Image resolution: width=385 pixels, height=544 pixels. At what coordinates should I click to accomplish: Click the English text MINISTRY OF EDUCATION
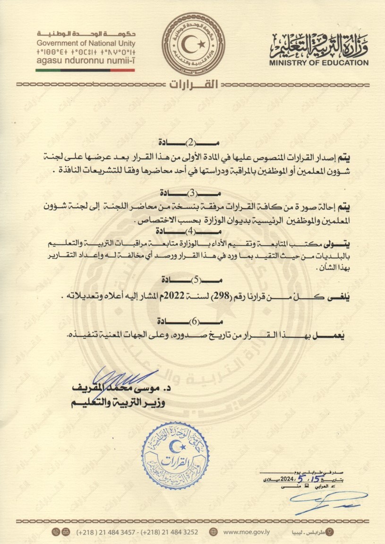tap(319, 62)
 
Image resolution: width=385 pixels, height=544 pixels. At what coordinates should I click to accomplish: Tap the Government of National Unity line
tap(86, 42)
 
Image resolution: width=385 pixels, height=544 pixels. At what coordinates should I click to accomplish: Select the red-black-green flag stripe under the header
tap(85, 70)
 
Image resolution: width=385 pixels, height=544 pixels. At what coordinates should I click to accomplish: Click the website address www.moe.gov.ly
tap(244, 531)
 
